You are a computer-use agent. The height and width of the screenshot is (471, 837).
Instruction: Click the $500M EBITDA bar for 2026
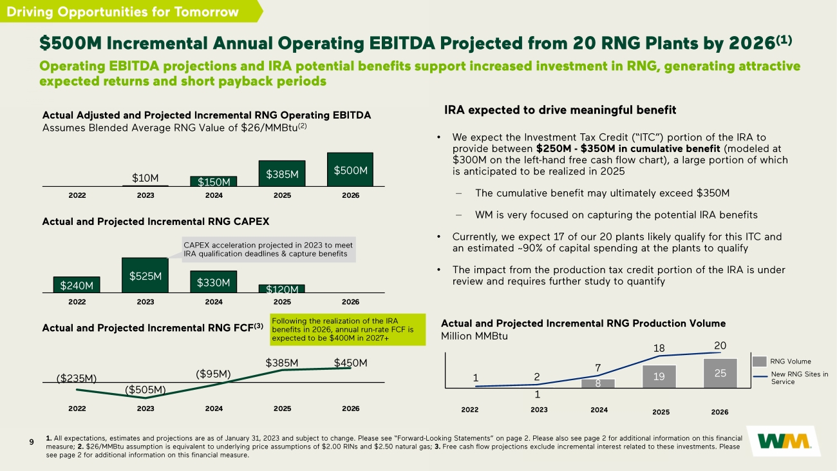coord(350,169)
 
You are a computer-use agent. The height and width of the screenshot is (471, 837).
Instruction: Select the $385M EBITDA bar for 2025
coord(282,173)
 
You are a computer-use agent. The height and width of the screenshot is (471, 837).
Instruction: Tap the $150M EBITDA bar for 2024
coord(214,181)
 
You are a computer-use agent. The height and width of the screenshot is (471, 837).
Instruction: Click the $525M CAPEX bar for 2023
coord(146,275)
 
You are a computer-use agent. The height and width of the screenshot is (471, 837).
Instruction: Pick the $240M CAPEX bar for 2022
coord(77,284)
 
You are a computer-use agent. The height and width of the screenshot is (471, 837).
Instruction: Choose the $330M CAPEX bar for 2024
coord(214,282)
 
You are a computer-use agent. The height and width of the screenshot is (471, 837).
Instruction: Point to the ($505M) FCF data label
coord(146,389)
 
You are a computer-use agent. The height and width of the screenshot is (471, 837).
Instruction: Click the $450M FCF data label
coord(350,363)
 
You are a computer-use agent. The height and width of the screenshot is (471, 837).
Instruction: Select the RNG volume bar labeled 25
coord(720,373)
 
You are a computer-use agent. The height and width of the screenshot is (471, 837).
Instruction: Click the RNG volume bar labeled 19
coord(658,376)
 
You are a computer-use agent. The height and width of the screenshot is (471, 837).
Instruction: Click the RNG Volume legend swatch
coord(764,361)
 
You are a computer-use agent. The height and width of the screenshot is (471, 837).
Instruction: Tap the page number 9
coord(32,441)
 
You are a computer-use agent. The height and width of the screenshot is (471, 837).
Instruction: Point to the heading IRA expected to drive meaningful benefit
coord(560,110)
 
